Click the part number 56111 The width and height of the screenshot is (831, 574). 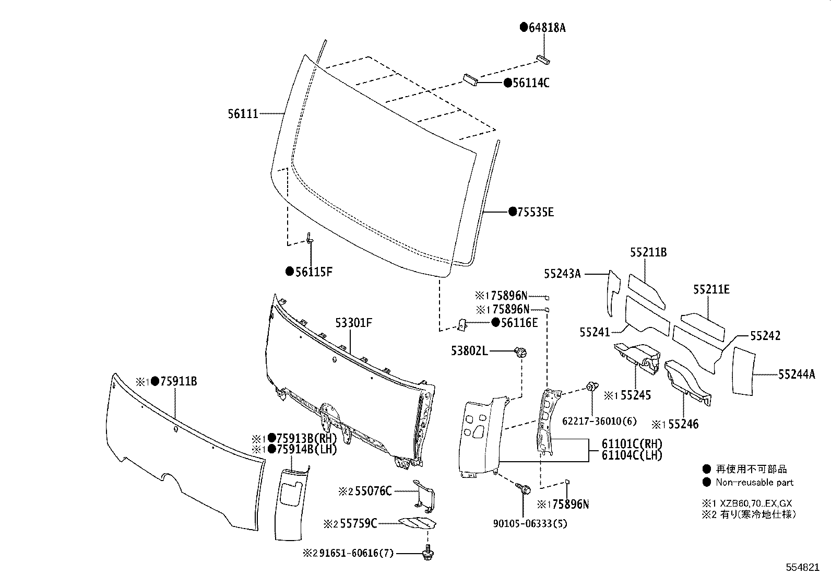pyautogui.click(x=243, y=113)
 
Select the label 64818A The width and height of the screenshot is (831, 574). pyautogui.click(x=547, y=28)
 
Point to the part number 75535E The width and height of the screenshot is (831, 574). pyautogui.click(x=535, y=212)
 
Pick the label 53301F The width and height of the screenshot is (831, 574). pyautogui.click(x=353, y=323)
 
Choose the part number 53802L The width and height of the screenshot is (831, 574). pyautogui.click(x=469, y=352)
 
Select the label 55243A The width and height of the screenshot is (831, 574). pyautogui.click(x=562, y=273)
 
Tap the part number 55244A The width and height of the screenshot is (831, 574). pyautogui.click(x=796, y=374)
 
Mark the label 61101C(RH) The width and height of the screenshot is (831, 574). pyautogui.click(x=632, y=444)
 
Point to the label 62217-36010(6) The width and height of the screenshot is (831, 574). pyautogui.click(x=592, y=421)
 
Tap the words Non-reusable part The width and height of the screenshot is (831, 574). pyautogui.click(x=754, y=483)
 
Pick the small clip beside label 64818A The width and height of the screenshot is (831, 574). pyautogui.click(x=543, y=58)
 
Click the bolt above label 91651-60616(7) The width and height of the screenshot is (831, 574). pyautogui.click(x=428, y=551)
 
